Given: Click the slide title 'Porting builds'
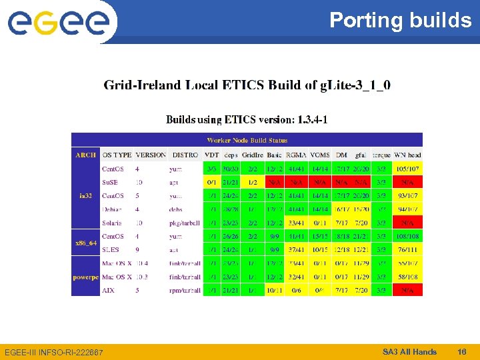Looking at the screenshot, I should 400,21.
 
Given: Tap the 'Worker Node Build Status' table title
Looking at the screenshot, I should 247,140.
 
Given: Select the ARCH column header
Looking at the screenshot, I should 85,155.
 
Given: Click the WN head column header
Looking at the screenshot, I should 407,155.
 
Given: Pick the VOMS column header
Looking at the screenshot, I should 320,155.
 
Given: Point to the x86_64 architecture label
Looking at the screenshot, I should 85,243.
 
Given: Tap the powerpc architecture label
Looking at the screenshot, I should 85,277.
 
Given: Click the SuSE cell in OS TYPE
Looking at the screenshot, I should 111,182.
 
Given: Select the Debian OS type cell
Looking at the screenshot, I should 112,209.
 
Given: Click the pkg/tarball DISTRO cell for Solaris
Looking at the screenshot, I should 185,223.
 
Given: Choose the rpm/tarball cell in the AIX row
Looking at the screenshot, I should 185,291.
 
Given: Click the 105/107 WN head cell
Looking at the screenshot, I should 407,169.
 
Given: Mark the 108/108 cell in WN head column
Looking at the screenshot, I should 407,237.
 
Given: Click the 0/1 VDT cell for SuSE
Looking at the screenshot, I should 211,182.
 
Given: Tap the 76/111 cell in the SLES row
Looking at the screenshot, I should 407,250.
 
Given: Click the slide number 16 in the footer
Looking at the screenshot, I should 461,351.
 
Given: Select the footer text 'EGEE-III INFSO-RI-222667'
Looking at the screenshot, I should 54,352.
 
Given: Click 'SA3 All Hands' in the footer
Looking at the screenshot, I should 409,351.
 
